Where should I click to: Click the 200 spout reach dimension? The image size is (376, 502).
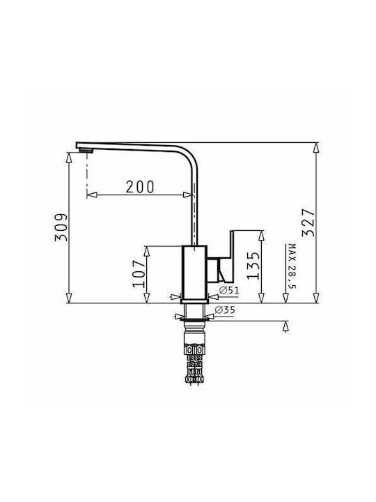coord(140,187)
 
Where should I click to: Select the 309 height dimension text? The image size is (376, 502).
coord(61,227)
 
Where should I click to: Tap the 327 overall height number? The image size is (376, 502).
coord(308,222)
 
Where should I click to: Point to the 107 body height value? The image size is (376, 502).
coord(139,274)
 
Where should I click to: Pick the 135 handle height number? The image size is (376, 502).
coord(254,266)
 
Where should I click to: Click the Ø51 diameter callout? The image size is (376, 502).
coord(229,291)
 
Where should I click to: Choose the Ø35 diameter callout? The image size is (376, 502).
coord(225,310)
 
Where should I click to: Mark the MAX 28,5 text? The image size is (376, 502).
coord(292,266)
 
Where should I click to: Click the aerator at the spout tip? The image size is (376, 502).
coord(86,151)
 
